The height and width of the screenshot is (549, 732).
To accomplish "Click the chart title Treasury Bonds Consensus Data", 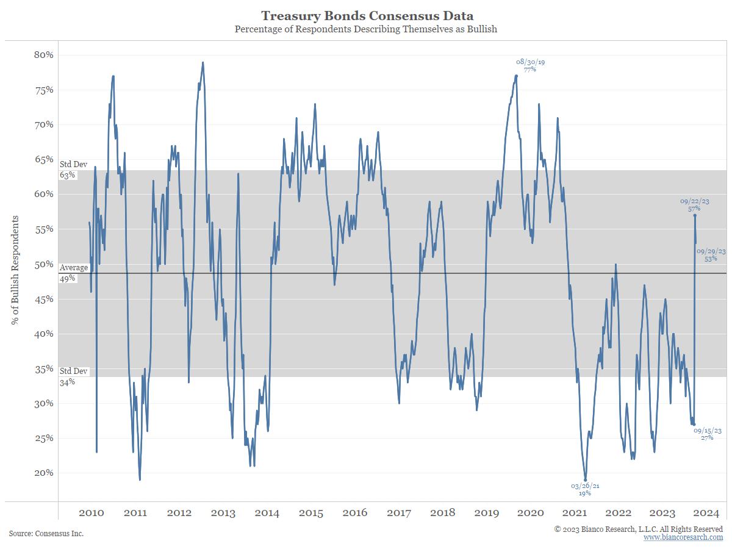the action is pyautogui.click(x=367, y=16).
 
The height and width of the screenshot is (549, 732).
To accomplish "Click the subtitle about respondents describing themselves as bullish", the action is pyautogui.click(x=366, y=29).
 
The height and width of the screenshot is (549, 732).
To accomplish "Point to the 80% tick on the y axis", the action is pyautogui.click(x=44, y=55).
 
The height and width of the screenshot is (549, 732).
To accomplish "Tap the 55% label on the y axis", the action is pyautogui.click(x=44, y=229).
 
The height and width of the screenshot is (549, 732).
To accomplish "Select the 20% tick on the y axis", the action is pyautogui.click(x=44, y=473).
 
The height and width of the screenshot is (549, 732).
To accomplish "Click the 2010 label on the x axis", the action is pyautogui.click(x=91, y=512).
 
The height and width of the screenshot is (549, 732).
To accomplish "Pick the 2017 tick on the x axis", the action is pyautogui.click(x=399, y=512).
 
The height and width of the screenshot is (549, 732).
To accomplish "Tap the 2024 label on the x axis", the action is pyautogui.click(x=706, y=512).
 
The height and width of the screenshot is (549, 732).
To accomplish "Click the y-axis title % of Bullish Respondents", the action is pyautogui.click(x=15, y=270).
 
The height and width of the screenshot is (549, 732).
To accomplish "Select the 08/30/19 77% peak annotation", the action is pyautogui.click(x=530, y=66).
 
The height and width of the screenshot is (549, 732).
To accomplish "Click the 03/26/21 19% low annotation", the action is pyautogui.click(x=585, y=489).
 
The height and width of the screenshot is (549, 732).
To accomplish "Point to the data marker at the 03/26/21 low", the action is pyautogui.click(x=585, y=480).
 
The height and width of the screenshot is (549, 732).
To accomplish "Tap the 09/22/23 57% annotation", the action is pyautogui.click(x=695, y=205).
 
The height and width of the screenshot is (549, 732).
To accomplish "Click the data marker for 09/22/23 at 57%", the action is pyautogui.click(x=695, y=215).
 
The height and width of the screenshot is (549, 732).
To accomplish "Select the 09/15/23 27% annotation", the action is pyautogui.click(x=708, y=434).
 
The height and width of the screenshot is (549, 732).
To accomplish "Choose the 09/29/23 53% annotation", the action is pyautogui.click(x=711, y=255).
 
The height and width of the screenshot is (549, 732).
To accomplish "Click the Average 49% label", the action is pyautogui.click(x=74, y=273).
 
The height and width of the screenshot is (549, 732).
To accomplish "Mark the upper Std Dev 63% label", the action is pyautogui.click(x=73, y=170).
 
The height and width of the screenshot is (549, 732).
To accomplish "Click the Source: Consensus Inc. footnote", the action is pyautogui.click(x=46, y=533).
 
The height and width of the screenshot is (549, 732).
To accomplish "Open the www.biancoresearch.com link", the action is pyautogui.click(x=683, y=537).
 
